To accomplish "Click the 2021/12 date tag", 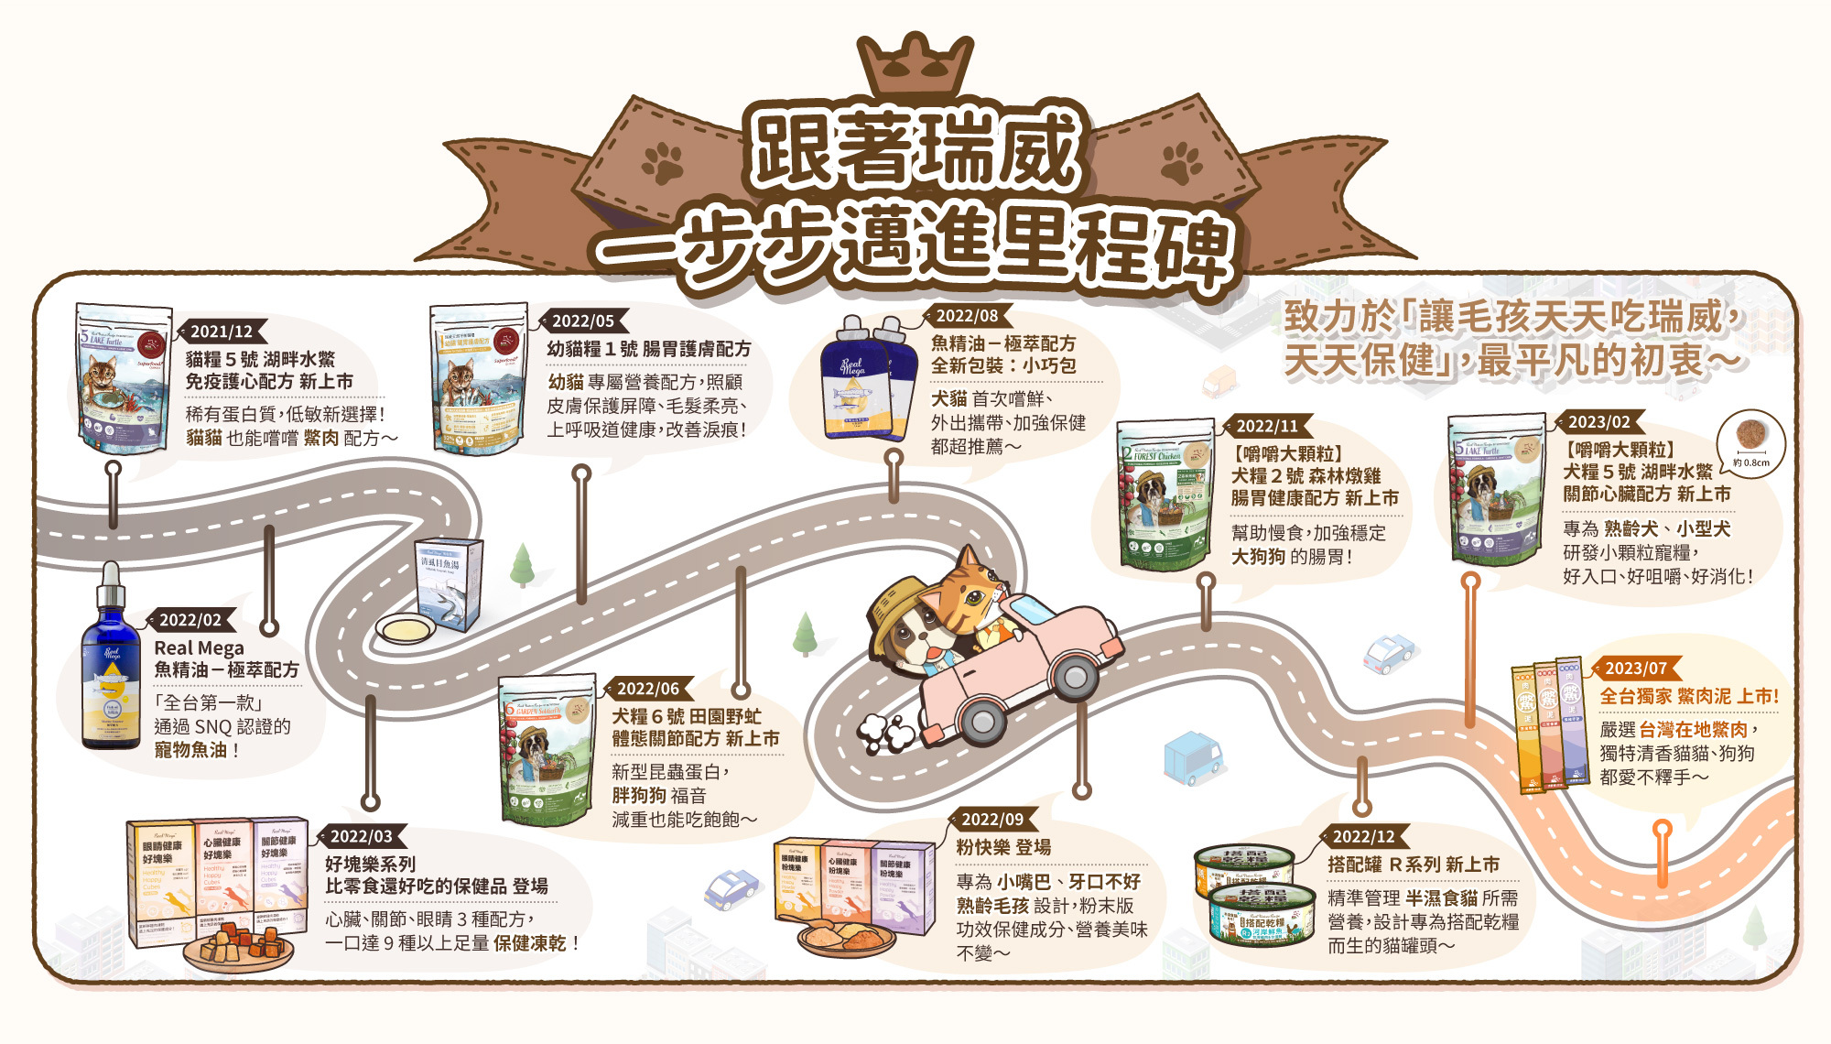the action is [x=222, y=332].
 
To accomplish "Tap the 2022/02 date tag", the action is [x=190, y=620].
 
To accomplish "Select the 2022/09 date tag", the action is [x=992, y=820].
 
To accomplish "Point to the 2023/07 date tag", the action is [x=1636, y=669].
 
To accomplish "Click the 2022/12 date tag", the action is [x=1364, y=836].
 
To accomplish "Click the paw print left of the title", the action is [x=662, y=164].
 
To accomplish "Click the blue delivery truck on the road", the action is [x=1192, y=757].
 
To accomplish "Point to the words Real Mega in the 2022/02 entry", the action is [x=199, y=648].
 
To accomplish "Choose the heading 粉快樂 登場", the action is [x=1003, y=848].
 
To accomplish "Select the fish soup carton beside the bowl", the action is [x=450, y=582].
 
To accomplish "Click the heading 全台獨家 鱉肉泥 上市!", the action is [x=1689, y=697].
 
